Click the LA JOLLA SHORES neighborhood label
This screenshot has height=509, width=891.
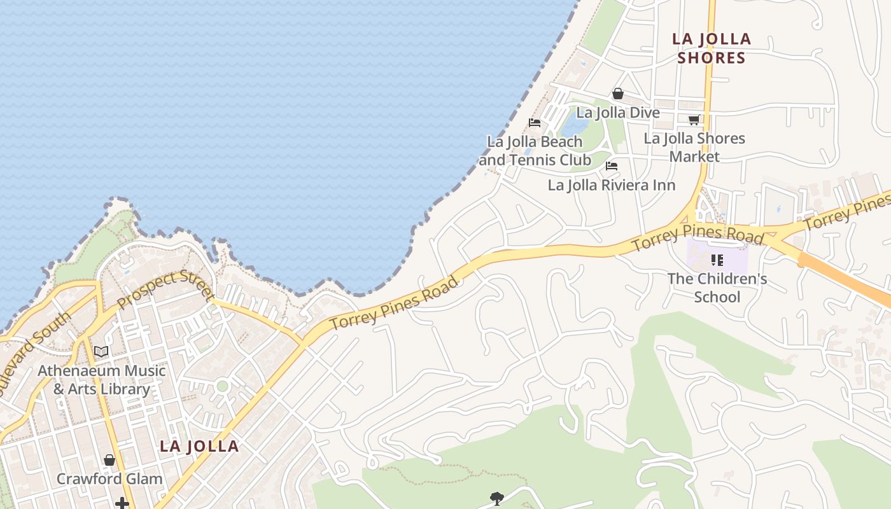tap(712, 48)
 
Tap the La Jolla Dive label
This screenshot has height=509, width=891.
tap(617, 113)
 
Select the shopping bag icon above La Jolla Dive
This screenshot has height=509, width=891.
tap(617, 94)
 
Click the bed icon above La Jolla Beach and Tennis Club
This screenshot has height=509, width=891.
tap(535, 122)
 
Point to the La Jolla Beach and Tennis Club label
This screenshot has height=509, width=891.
tap(535, 151)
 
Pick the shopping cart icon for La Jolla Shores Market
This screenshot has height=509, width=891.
tap(694, 120)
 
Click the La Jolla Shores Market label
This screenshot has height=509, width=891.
tap(694, 147)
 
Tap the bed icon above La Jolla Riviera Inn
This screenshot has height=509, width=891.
tap(612, 166)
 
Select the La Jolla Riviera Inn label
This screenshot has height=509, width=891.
tap(612, 185)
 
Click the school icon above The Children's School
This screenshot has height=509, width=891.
tap(717, 260)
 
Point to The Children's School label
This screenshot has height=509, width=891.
tap(717, 288)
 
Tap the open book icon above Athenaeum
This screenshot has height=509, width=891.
tap(101, 351)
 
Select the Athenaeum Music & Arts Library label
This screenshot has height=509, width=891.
tap(102, 380)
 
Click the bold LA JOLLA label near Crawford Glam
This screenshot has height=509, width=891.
tap(199, 446)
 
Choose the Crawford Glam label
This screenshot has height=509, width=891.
tap(109, 478)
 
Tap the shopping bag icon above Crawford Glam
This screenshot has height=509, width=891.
tap(109, 459)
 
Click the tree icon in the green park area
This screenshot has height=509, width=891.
tap(496, 498)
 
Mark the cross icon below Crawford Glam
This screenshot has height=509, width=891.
tap(122, 504)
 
